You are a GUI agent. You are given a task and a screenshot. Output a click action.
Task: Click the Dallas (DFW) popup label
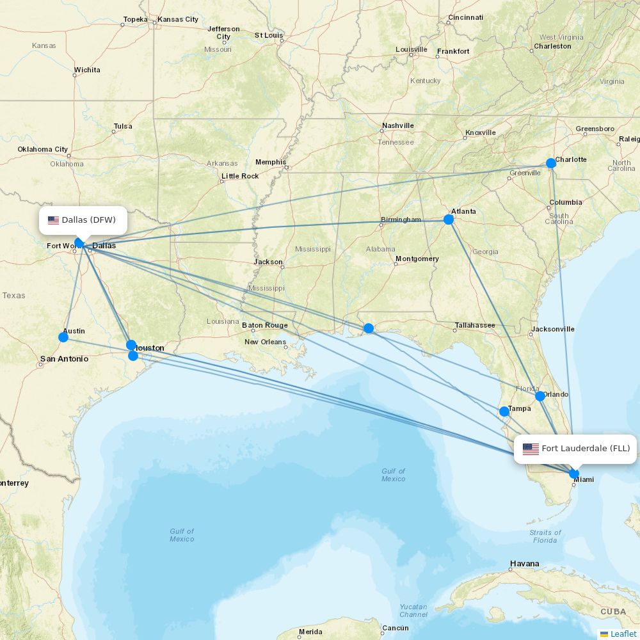point(83,220)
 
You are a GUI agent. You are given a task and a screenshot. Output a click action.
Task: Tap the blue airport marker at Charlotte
point(551,163)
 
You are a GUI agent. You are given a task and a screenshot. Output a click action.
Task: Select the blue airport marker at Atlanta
point(449,220)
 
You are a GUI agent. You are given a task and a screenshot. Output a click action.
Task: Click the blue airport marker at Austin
point(63,337)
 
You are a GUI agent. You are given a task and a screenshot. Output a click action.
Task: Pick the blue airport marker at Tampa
point(504,412)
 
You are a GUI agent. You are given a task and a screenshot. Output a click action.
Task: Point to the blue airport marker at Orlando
point(540,396)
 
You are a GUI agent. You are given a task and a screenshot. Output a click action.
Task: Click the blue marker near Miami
point(574,474)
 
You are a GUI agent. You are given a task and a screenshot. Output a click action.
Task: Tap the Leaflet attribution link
point(623,634)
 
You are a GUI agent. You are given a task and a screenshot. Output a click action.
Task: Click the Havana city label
point(524,564)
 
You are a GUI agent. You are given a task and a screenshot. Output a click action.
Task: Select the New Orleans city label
point(265,342)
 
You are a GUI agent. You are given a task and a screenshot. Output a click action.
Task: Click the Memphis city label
point(270,162)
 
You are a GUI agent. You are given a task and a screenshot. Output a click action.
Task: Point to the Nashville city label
point(397,125)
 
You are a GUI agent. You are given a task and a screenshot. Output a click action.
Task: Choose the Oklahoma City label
point(42,149)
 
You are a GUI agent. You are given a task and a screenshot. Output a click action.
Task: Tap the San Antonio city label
point(64,359)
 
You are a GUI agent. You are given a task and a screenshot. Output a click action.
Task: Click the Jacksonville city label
point(552,329)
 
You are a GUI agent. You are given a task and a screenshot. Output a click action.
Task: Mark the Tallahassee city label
point(474,325)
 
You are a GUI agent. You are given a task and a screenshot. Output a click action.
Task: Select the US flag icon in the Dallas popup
point(53,220)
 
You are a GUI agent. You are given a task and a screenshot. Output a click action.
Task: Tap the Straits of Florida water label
point(545,536)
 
